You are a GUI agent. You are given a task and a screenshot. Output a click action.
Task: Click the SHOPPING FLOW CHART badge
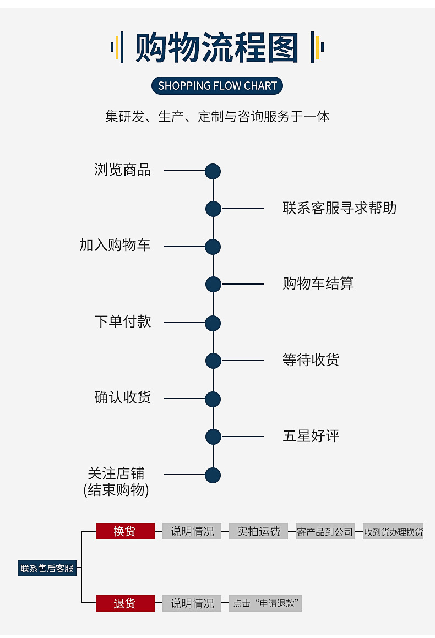[x=217, y=85]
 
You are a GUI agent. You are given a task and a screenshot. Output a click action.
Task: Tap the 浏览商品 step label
[x=122, y=170]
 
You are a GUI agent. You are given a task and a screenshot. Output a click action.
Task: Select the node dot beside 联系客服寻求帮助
[x=213, y=209]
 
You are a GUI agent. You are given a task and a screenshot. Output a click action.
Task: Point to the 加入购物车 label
[x=115, y=246]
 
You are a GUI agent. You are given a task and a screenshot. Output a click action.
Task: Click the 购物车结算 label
[x=318, y=284]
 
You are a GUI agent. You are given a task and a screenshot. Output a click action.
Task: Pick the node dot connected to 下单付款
[x=213, y=323]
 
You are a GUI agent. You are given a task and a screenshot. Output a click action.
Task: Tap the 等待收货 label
[x=311, y=361]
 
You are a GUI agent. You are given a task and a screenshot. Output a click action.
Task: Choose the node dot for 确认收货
[x=213, y=399]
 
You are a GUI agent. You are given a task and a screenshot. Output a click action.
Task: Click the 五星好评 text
[x=311, y=437]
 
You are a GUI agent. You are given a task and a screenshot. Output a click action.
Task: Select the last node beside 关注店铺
[x=213, y=475]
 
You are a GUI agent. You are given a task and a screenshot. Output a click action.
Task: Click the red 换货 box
[x=124, y=531]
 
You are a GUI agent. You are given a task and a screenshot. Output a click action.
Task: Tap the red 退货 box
[x=124, y=603]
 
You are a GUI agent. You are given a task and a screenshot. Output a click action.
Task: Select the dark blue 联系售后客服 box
[x=47, y=568]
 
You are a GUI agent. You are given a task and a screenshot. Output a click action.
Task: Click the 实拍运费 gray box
[x=258, y=531]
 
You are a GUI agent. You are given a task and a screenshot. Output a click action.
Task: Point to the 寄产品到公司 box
[x=325, y=532]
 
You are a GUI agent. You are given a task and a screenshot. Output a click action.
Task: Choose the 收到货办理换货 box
[x=393, y=532]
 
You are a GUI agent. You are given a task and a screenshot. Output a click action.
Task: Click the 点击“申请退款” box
[x=265, y=603]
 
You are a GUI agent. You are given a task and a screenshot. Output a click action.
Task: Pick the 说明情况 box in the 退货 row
[x=192, y=603]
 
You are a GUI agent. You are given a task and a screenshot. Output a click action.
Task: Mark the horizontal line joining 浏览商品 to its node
[x=184, y=171]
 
